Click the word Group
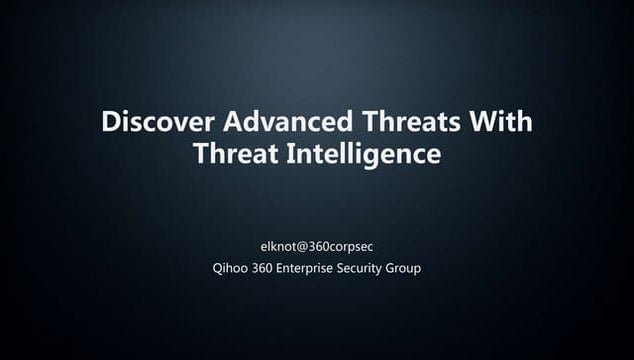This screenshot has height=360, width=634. point(404,268)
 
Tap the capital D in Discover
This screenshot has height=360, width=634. point(111,122)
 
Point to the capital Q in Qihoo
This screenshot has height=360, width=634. point(206,268)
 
